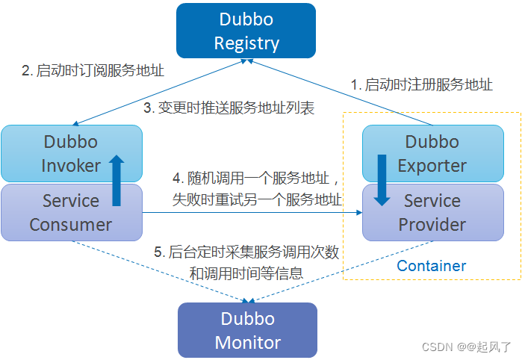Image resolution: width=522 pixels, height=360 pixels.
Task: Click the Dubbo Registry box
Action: [x=246, y=31]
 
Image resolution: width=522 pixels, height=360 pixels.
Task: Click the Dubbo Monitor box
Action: [x=247, y=330]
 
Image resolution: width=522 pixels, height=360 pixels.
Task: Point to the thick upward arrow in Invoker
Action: [x=116, y=180]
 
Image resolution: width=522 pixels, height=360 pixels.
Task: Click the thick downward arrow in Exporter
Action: [x=382, y=180]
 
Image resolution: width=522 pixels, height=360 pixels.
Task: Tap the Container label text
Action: [x=431, y=266]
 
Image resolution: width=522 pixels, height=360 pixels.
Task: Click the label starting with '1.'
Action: [x=422, y=84]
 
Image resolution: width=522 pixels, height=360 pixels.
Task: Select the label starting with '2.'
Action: [x=93, y=71]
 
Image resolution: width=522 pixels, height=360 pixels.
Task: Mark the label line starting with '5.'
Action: [x=246, y=252]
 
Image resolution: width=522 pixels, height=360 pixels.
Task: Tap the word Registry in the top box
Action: [x=246, y=43]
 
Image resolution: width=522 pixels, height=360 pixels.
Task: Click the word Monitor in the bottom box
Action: [x=247, y=343]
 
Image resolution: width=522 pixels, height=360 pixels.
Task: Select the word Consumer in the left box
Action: [x=70, y=224]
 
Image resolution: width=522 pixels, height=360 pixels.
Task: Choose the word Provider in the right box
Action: [x=432, y=224]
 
